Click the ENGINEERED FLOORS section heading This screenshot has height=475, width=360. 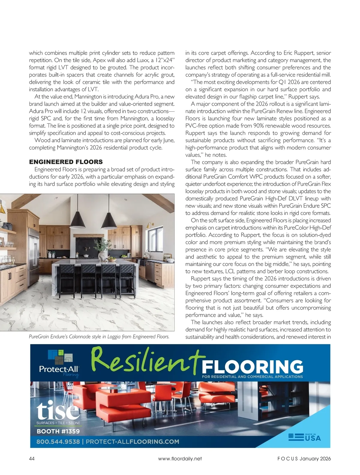(x=66, y=162)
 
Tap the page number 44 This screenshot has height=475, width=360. (x=32, y=458)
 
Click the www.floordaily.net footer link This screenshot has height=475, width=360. (x=180, y=458)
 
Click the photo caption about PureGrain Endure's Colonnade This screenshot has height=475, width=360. (x=99, y=337)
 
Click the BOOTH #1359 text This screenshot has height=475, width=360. (x=58, y=431)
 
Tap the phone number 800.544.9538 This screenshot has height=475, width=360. (x=58, y=442)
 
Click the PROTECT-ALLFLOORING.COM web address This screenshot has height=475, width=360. (x=132, y=442)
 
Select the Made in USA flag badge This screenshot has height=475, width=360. (x=304, y=437)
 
